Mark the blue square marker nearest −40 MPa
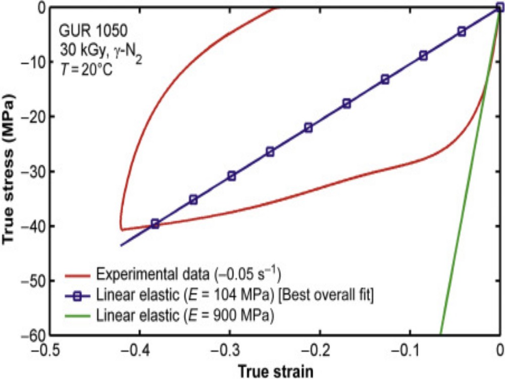[x=155, y=224]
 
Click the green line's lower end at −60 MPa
[x=441, y=334]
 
